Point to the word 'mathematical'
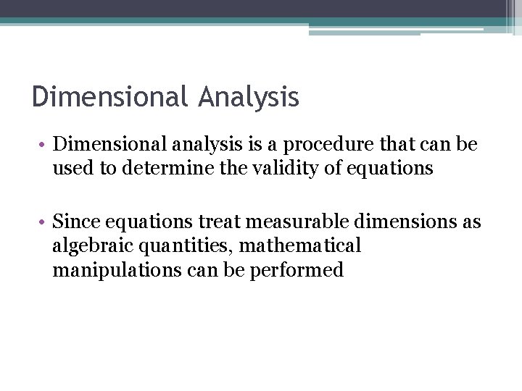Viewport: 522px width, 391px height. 299,246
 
